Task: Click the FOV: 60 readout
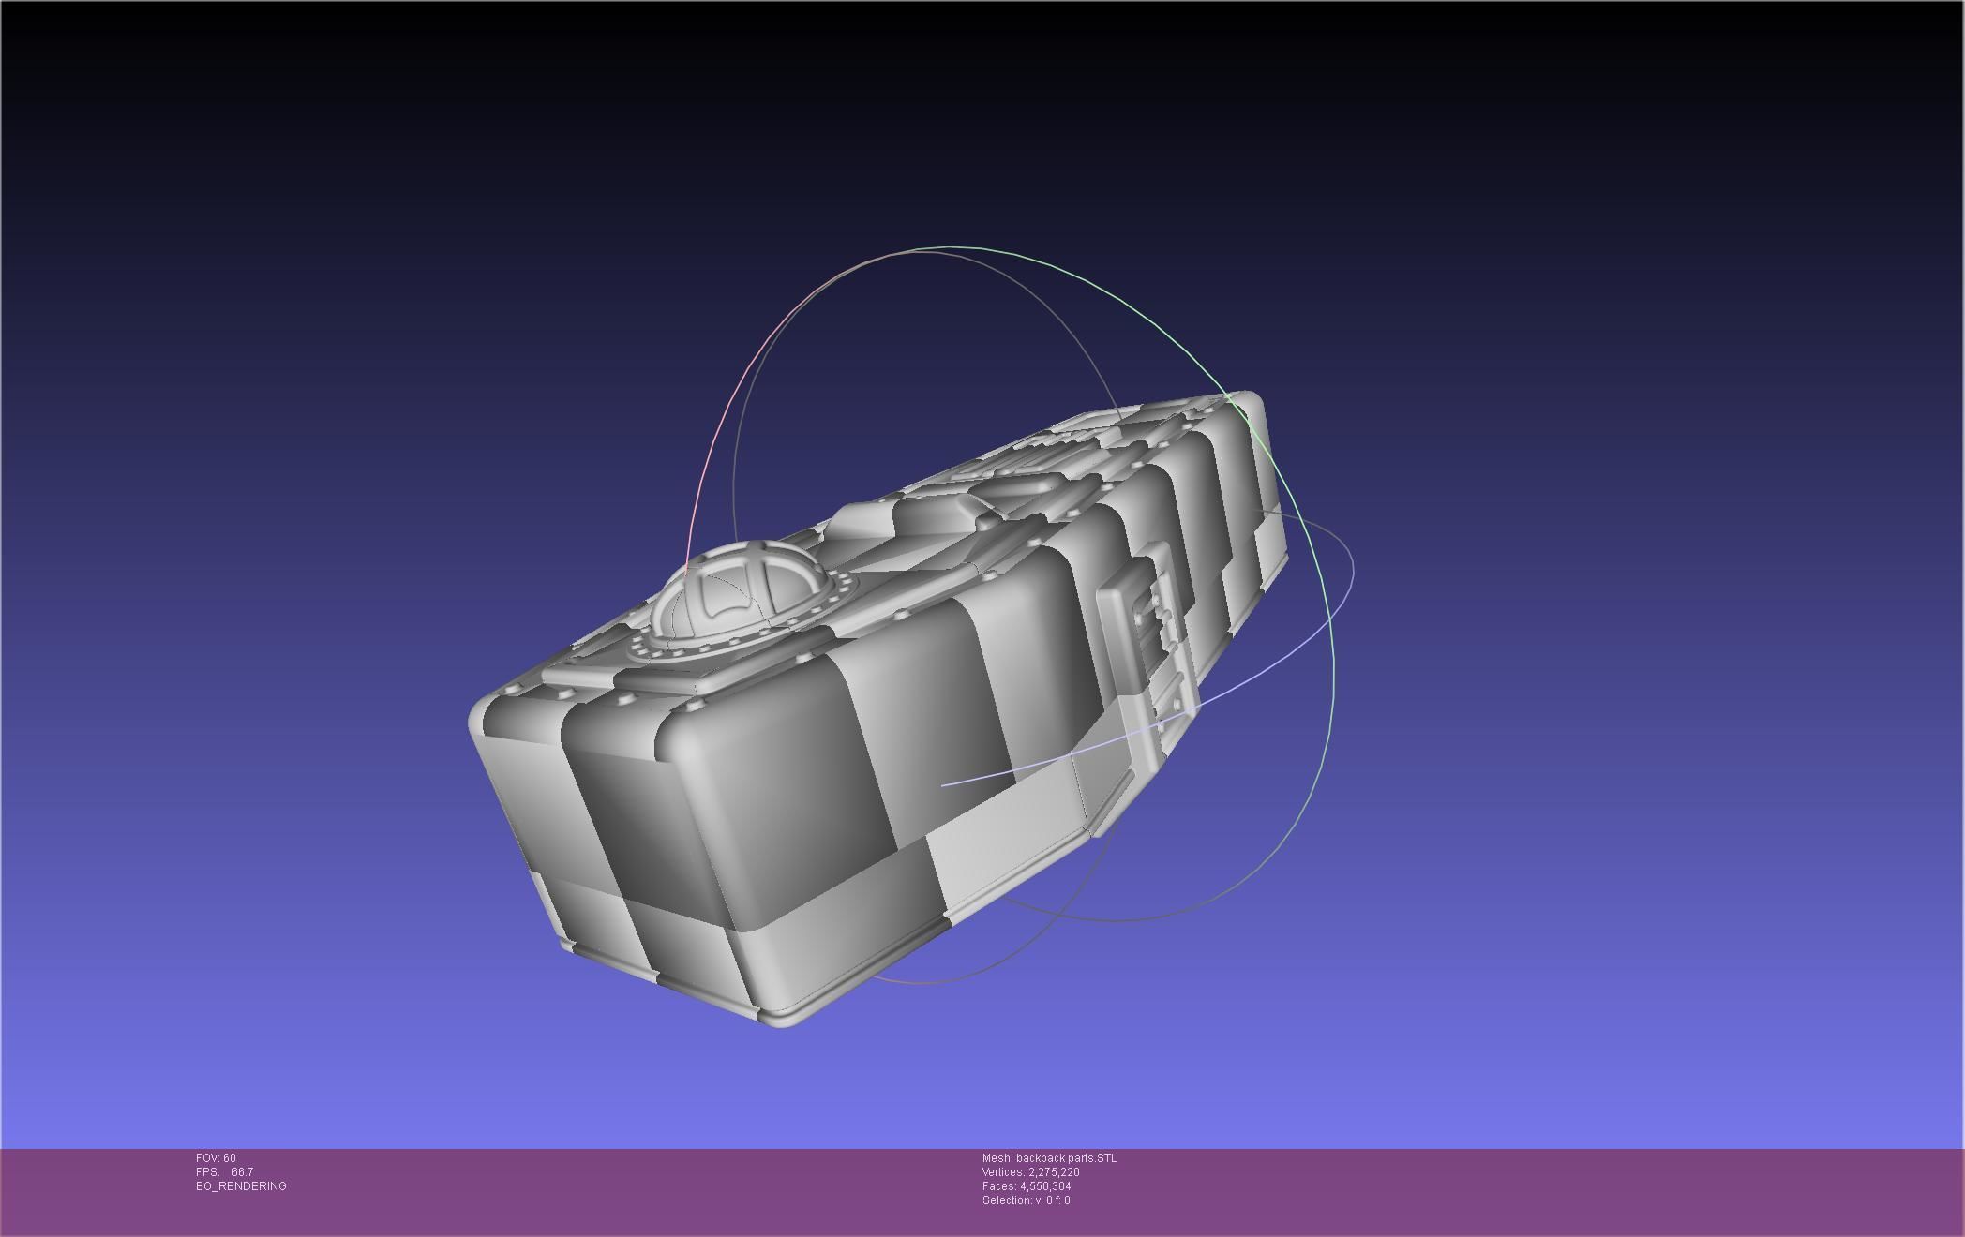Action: point(216,1158)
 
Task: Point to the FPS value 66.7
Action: point(242,1172)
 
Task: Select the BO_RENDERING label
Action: point(241,1186)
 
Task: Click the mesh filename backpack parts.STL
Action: point(1066,1158)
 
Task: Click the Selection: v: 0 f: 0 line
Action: point(1026,1200)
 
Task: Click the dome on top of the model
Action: point(741,590)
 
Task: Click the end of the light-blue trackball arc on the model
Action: point(943,784)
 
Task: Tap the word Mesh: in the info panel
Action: point(997,1158)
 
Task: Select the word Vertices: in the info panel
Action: point(1003,1172)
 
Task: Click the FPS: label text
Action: point(207,1172)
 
